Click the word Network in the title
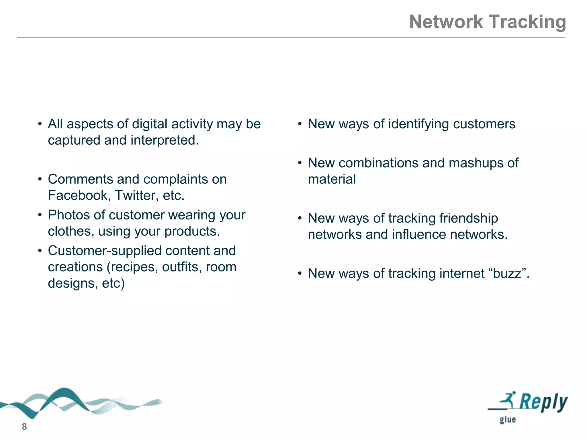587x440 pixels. point(446,22)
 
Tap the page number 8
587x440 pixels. point(24,427)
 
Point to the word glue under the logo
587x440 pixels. point(508,420)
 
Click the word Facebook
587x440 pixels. point(77,195)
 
